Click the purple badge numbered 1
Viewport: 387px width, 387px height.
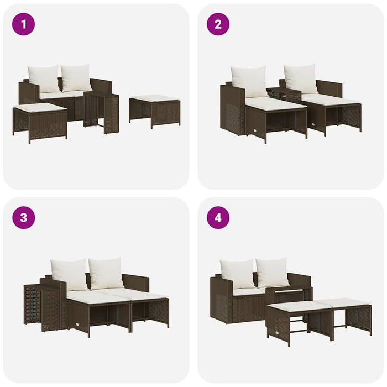[x=23, y=24]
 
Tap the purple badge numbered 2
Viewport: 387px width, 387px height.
[x=218, y=24]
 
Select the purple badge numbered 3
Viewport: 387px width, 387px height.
[x=23, y=217]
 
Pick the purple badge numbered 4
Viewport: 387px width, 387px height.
[x=218, y=217]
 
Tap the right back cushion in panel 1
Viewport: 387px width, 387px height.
[x=76, y=78]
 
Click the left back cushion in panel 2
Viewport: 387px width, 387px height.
[x=249, y=81]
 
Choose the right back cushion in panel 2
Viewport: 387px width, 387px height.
[x=301, y=79]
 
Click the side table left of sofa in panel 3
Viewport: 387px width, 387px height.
[x=43, y=306]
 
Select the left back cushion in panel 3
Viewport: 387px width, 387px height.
[x=69, y=274]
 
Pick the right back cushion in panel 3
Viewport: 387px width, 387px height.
[x=106, y=273]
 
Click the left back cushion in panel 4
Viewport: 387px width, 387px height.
[x=237, y=273]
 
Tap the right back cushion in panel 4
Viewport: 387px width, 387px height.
[x=273, y=272]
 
